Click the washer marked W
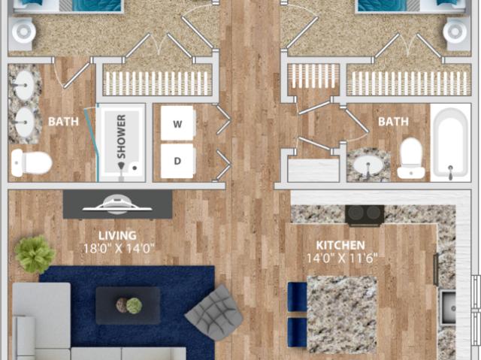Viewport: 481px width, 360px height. point(179,124)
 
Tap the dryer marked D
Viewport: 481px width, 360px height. point(179,161)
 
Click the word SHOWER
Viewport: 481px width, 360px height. point(120,135)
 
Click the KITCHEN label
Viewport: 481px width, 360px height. point(340,245)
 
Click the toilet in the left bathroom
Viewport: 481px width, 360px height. point(31,162)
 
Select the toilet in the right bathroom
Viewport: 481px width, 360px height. point(411,157)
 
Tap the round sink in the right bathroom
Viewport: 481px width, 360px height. point(368,165)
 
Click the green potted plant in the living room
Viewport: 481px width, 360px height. point(35,255)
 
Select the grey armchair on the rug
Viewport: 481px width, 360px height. point(215,310)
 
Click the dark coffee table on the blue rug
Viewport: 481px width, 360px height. point(127,305)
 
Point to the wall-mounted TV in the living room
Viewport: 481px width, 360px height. point(118,204)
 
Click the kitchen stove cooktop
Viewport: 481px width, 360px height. point(365,215)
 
